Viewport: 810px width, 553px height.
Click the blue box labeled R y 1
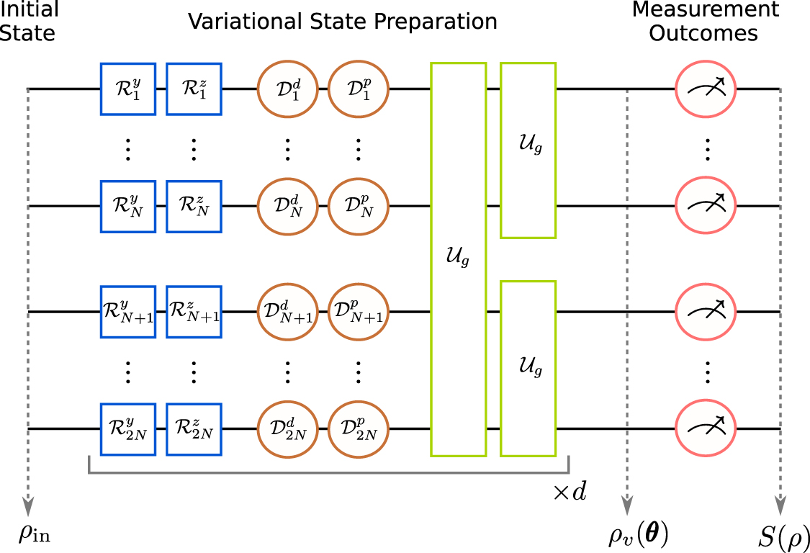click(x=128, y=89)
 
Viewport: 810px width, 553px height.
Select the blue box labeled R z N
click(x=194, y=206)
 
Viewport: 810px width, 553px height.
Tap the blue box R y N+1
click(x=128, y=312)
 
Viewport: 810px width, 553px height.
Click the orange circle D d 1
click(x=287, y=89)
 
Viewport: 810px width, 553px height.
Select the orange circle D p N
click(x=359, y=206)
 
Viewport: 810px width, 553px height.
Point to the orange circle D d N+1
click(x=287, y=312)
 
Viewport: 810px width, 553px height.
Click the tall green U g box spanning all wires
click(x=459, y=259)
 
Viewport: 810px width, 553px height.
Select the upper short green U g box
click(x=528, y=150)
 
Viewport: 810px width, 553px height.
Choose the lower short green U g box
click(x=528, y=369)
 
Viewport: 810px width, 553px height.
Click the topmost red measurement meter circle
click(x=705, y=89)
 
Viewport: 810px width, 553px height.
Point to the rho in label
click(x=35, y=534)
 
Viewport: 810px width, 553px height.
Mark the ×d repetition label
click(x=569, y=493)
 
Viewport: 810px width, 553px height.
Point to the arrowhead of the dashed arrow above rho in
click(x=27, y=506)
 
